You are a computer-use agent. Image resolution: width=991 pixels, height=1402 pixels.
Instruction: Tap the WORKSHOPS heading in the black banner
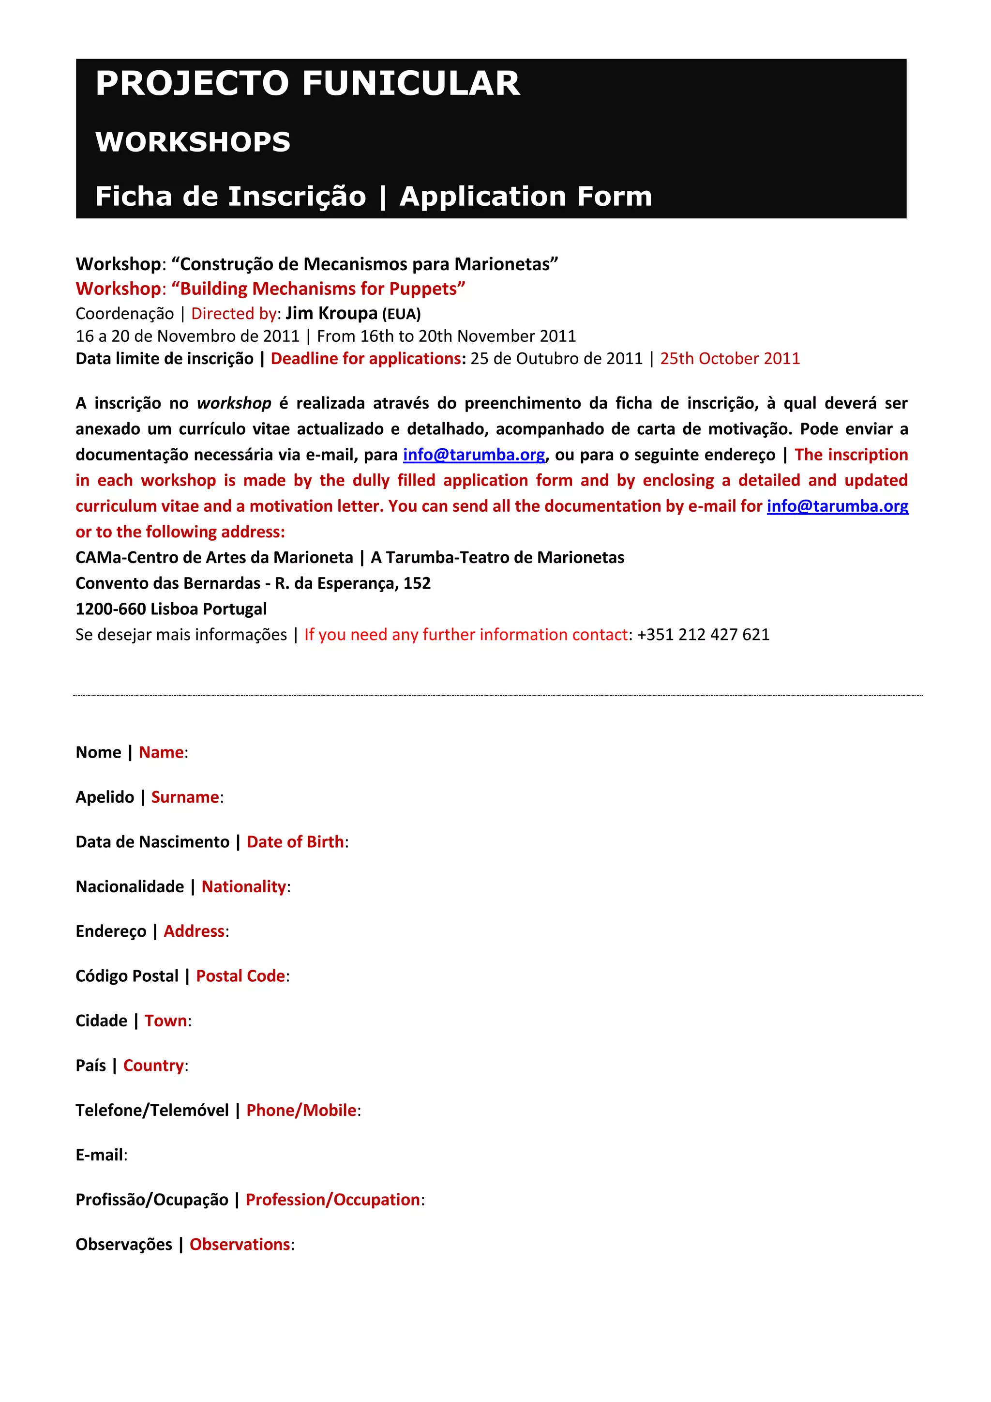[193, 142]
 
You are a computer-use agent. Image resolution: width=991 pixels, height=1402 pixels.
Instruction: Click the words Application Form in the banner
[526, 197]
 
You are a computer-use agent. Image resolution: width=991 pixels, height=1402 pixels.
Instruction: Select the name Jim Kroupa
[331, 313]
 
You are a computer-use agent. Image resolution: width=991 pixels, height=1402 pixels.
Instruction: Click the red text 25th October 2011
[730, 358]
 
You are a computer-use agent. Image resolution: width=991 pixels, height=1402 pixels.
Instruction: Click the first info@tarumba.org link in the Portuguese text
[474, 455]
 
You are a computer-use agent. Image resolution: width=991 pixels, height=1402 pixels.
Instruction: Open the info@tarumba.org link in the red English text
[837, 506]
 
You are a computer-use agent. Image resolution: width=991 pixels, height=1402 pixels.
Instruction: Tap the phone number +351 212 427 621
[703, 635]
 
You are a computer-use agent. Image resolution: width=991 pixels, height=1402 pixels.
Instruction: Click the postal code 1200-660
[110, 609]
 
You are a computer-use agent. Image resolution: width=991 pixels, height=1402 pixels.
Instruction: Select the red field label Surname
[185, 797]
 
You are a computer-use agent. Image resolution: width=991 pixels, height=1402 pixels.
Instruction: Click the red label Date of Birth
[295, 841]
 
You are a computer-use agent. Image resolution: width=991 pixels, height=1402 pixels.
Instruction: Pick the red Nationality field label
[244, 886]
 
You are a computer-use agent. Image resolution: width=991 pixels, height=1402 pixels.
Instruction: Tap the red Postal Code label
[240, 976]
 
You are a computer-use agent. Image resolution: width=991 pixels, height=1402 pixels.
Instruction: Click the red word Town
[166, 1021]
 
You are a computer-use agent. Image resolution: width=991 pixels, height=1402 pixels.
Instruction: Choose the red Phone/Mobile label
[301, 1110]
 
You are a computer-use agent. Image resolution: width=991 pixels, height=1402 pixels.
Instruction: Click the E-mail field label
[101, 1155]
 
